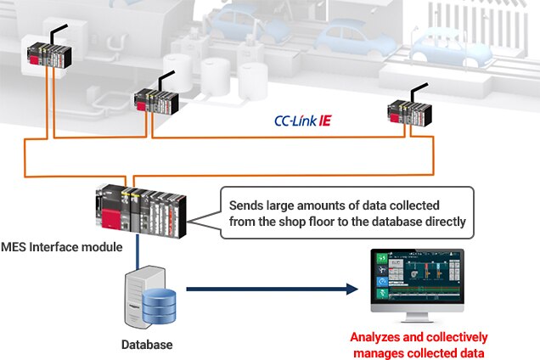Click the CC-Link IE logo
click(302, 122)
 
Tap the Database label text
click(145, 345)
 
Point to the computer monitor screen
click(415, 279)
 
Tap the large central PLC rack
click(143, 215)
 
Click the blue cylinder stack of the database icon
click(159, 307)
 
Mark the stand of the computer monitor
click(417, 316)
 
